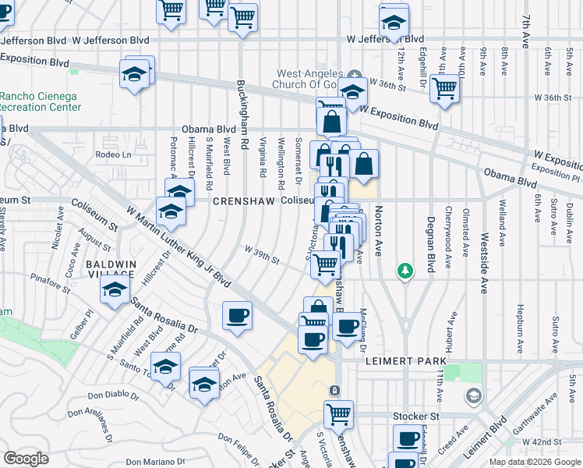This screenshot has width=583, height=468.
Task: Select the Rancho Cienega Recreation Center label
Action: [39, 101]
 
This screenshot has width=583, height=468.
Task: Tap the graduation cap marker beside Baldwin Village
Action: [115, 290]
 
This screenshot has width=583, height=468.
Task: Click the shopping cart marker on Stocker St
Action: [338, 413]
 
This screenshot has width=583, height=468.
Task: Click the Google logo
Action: [26, 459]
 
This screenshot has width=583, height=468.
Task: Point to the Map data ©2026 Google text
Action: [535, 462]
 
